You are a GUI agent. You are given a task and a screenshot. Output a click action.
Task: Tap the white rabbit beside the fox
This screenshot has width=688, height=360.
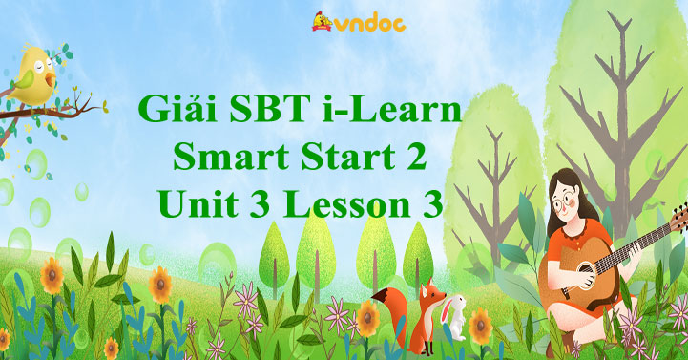[456, 315]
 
